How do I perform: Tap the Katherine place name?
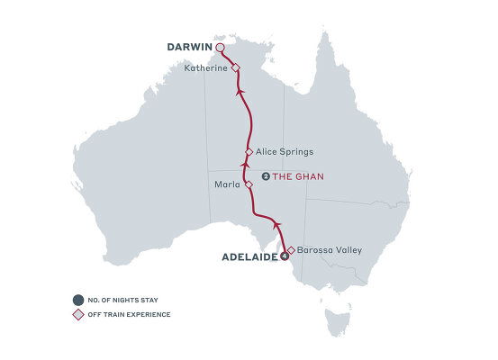click(x=206, y=67)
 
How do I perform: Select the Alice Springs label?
click(x=285, y=152)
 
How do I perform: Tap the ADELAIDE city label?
click(x=250, y=256)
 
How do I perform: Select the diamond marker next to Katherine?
click(x=235, y=68)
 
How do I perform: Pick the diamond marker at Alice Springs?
click(x=249, y=152)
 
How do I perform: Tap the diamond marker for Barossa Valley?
click(x=290, y=250)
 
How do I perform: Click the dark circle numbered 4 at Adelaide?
click(x=285, y=256)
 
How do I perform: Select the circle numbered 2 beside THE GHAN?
click(x=265, y=176)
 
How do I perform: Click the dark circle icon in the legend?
click(x=79, y=300)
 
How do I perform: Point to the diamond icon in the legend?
click(x=79, y=314)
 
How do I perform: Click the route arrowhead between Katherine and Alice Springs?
click(x=240, y=91)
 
